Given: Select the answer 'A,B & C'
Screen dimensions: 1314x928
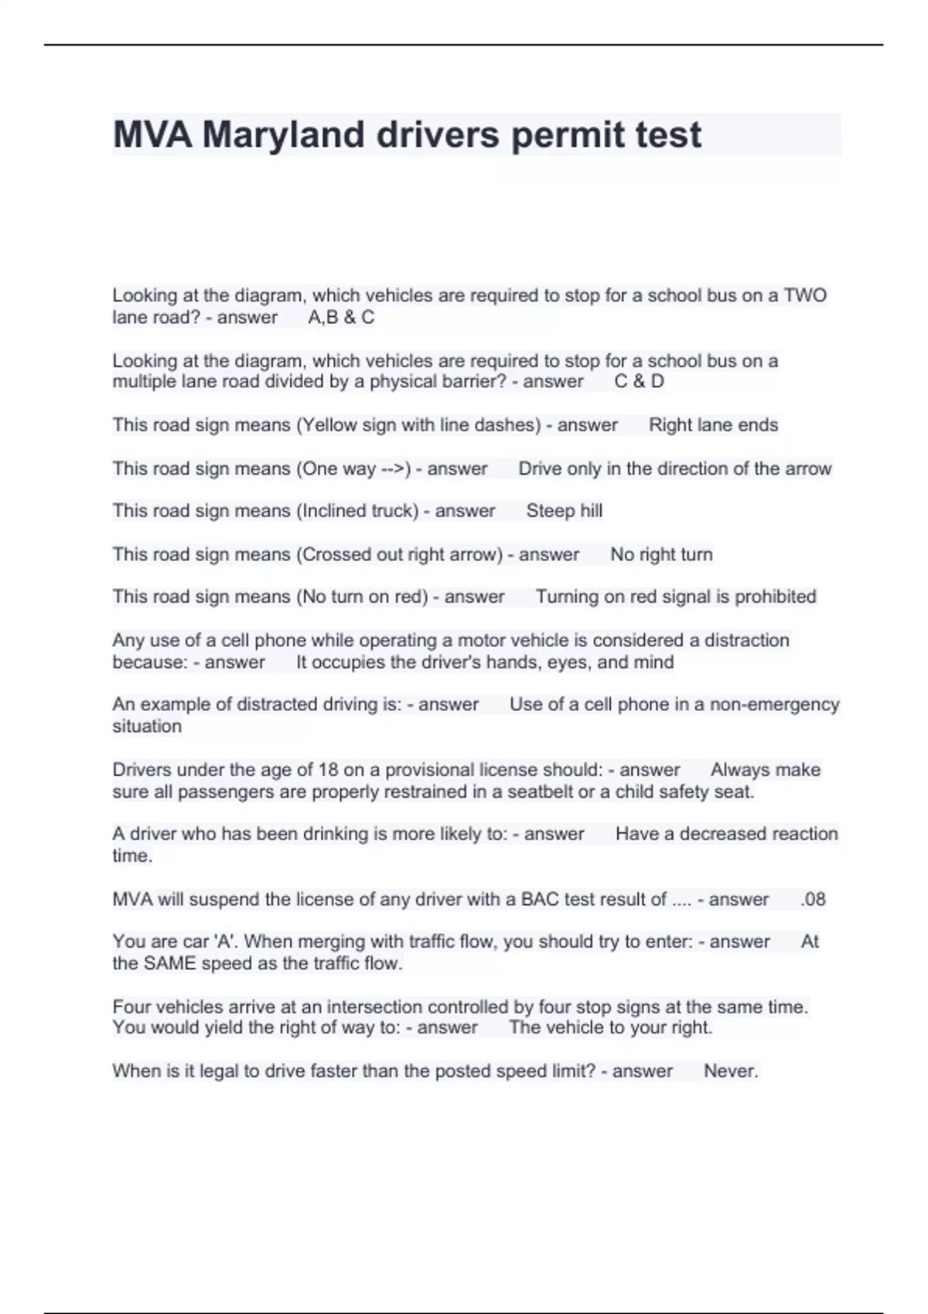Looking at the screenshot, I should (x=341, y=317).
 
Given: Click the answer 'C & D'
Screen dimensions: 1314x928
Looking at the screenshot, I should (x=639, y=381).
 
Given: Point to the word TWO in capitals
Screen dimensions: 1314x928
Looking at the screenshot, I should (x=805, y=295).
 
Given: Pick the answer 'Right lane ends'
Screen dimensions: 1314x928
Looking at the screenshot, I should (x=713, y=424).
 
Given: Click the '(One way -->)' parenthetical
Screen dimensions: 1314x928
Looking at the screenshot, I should (x=353, y=468).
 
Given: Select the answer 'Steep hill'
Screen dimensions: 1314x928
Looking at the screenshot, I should (x=564, y=511).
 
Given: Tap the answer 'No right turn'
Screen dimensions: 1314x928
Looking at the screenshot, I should (x=661, y=554).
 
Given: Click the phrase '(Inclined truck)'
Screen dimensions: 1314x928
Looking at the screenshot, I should (x=357, y=511).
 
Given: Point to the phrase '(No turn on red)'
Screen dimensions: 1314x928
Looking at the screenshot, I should (x=362, y=597).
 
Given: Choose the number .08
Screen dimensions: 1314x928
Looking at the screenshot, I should (x=813, y=899).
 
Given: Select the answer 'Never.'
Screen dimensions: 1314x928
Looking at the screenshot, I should (x=731, y=1071).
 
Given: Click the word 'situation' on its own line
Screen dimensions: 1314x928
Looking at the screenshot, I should (x=147, y=726).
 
